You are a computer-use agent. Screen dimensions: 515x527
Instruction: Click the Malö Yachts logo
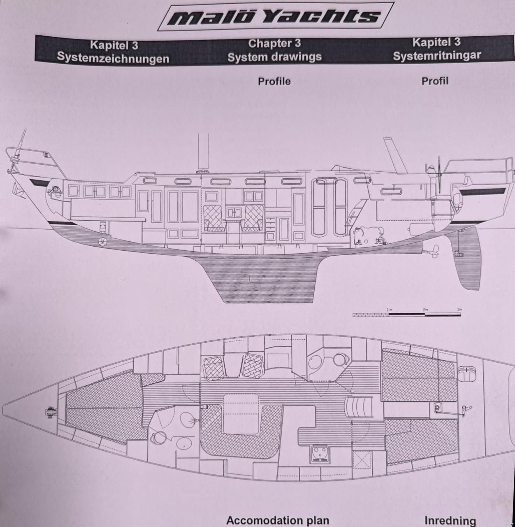pyautogui.click(x=276, y=16)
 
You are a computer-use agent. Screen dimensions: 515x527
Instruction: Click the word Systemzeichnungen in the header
pyautogui.click(x=113, y=58)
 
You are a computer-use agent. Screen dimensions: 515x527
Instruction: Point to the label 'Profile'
pyautogui.click(x=274, y=82)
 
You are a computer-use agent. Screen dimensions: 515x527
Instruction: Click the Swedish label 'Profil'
pyautogui.click(x=435, y=81)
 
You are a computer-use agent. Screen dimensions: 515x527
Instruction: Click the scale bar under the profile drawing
pyautogui.click(x=406, y=315)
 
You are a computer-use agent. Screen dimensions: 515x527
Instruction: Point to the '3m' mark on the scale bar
pyautogui.click(x=459, y=309)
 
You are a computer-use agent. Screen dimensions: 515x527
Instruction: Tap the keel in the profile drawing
pyautogui.click(x=268, y=279)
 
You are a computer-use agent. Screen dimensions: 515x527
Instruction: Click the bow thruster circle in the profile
pyautogui.click(x=102, y=241)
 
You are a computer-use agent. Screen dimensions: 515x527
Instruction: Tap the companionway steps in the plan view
pyautogui.click(x=359, y=408)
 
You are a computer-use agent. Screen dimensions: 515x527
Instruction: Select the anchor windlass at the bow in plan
pyautogui.click(x=51, y=412)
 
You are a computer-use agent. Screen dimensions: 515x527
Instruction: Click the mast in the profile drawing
pyautogui.click(x=203, y=152)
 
